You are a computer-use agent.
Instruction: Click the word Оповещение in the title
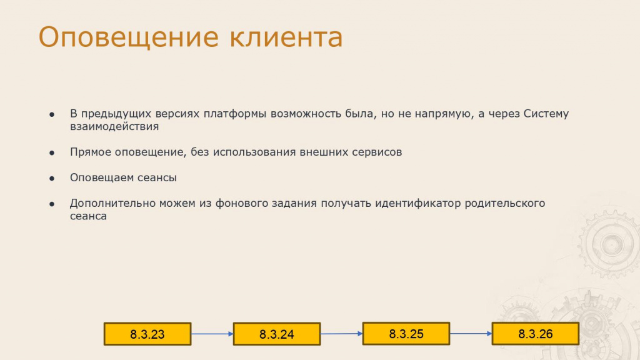(x=129, y=37)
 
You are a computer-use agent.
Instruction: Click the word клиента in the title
(x=286, y=37)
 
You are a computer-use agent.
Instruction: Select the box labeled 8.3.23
(x=147, y=334)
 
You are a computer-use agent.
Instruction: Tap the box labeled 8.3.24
(x=277, y=334)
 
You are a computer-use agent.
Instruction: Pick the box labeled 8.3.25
(x=406, y=334)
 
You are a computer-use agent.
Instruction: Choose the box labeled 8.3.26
(x=536, y=334)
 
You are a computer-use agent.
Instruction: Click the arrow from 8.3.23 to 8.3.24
(x=212, y=334)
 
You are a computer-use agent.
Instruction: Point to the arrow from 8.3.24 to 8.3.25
(x=342, y=334)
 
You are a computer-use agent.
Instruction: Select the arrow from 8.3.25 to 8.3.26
(x=471, y=334)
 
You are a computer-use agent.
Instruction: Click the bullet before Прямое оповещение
(x=52, y=153)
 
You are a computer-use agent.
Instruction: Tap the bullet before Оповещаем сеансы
(x=52, y=178)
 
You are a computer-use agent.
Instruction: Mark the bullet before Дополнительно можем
(x=52, y=204)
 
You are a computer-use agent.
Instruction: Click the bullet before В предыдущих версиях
(x=52, y=115)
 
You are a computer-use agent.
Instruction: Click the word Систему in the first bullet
(x=546, y=114)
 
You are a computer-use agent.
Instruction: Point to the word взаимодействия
(x=114, y=126)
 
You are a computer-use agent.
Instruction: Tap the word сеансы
(x=157, y=177)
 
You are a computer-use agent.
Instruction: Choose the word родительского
(x=505, y=203)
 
